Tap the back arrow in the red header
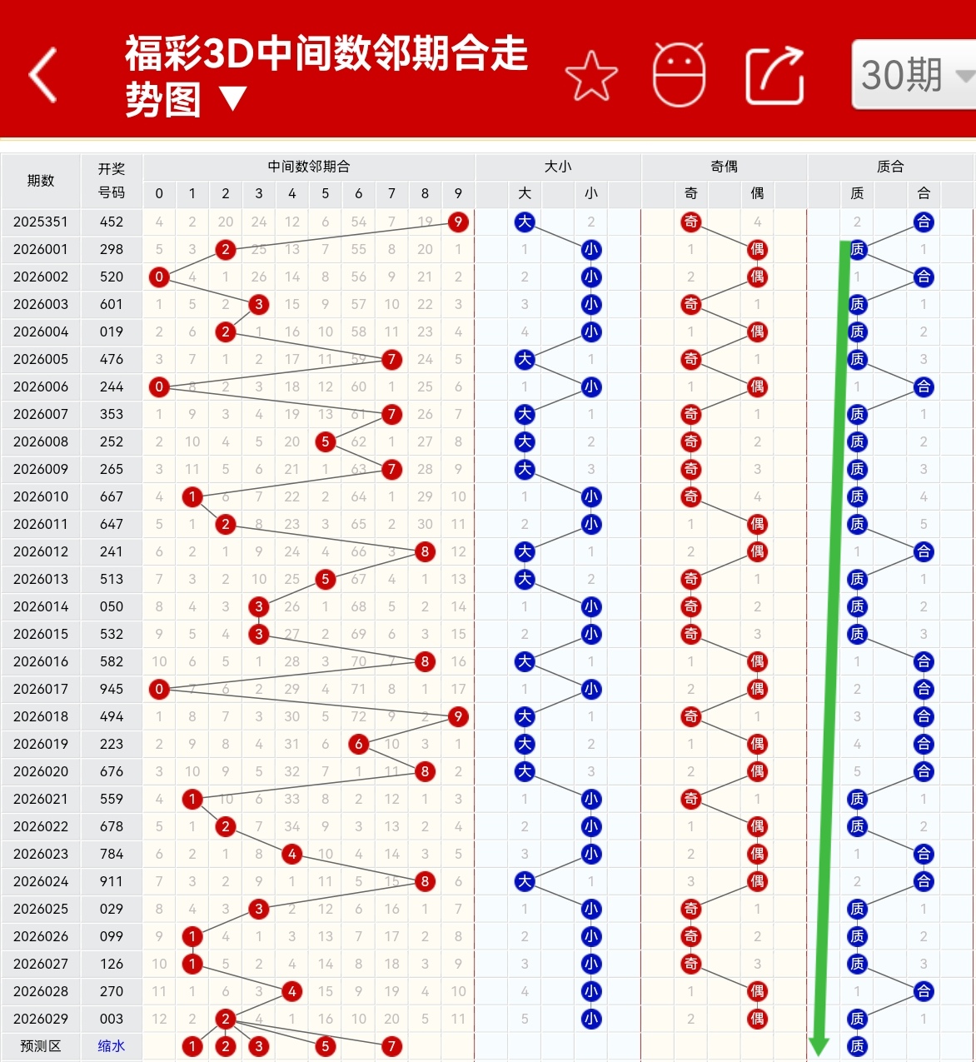pos(43,76)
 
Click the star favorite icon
pos(591,76)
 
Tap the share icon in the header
pos(774,76)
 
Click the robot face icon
pos(680,75)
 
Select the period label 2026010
pos(41,496)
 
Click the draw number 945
pos(112,689)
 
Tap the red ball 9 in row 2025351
pos(458,222)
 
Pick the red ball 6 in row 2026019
pos(359,744)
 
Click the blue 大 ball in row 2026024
pos(525,881)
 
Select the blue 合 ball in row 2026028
pos(924,991)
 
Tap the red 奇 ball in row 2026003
pos(691,304)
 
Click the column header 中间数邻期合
pos(309,167)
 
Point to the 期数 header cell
pos(41,180)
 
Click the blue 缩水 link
pos(112,1046)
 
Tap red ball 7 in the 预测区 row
pos(391,1046)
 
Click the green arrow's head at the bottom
pos(819,1045)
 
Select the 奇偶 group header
pos(724,167)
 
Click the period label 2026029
pos(41,1019)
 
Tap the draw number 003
pos(112,1019)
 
